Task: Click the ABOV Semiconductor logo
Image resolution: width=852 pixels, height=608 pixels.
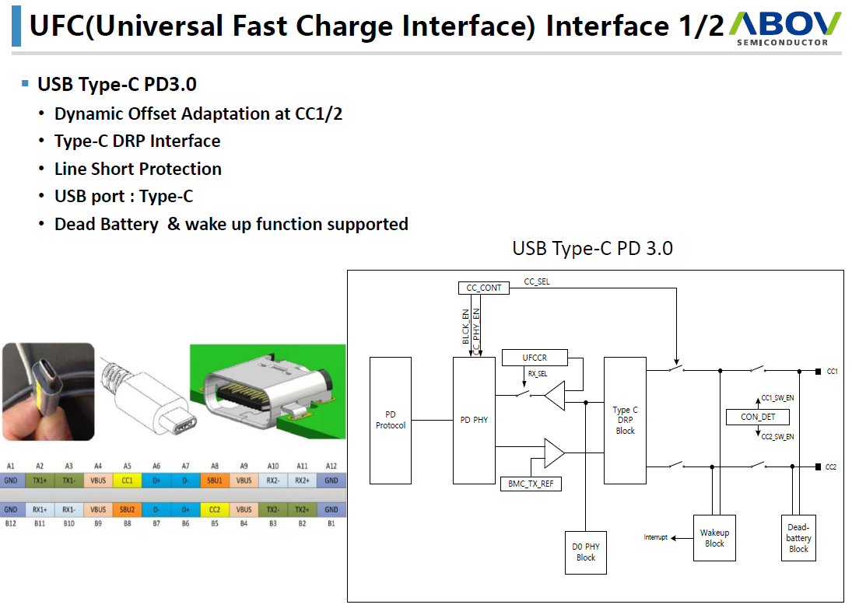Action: point(786,27)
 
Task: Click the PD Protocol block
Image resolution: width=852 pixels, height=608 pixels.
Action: point(391,421)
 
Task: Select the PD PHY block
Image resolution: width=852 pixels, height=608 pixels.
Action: point(474,421)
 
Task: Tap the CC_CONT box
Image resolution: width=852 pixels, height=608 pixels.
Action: point(484,288)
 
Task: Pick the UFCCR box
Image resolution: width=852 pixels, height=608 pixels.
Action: point(535,358)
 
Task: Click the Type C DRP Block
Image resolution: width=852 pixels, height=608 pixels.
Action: point(625,421)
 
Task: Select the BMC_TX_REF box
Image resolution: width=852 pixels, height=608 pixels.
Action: point(531,484)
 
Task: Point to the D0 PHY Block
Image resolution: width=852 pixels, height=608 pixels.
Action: point(586,553)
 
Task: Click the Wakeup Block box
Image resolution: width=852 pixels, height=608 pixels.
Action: point(714,538)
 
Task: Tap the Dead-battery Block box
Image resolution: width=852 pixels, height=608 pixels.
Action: point(798,538)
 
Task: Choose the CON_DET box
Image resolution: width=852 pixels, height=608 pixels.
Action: point(758,417)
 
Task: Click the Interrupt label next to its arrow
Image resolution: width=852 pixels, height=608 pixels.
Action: point(655,537)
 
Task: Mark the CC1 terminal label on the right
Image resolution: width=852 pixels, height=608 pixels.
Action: point(832,372)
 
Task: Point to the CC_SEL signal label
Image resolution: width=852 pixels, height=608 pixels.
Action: point(536,281)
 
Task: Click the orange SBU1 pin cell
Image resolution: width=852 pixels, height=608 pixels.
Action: point(215,480)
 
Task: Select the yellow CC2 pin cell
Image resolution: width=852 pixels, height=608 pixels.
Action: point(215,509)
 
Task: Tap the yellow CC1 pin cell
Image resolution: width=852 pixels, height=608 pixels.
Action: point(128,480)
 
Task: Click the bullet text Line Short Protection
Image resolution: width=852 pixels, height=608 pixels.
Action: point(138,169)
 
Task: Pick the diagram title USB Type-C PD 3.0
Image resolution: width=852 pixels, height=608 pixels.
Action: point(592,249)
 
